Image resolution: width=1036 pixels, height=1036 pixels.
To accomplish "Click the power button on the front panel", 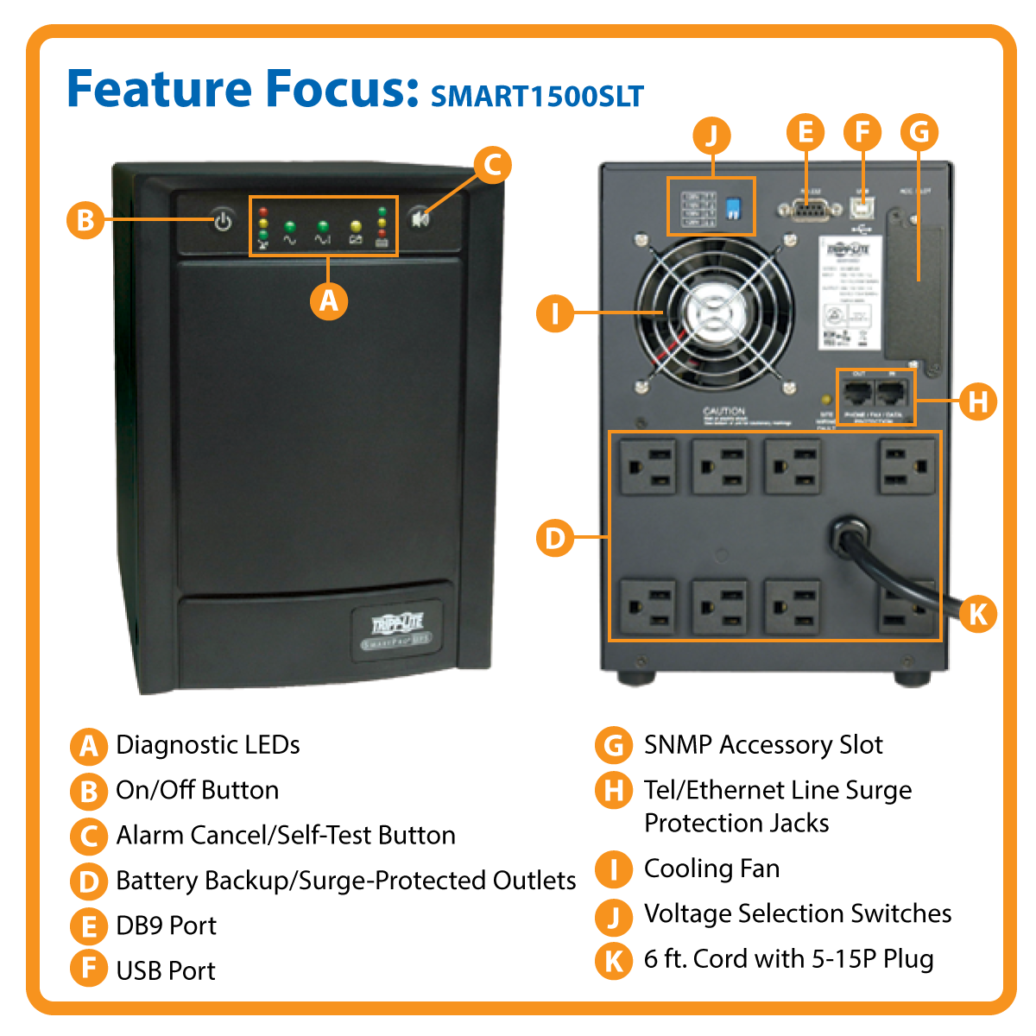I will coord(223,221).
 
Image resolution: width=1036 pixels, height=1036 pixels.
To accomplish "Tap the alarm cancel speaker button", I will coord(420,218).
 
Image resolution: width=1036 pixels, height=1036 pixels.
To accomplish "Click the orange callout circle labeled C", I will coord(492,164).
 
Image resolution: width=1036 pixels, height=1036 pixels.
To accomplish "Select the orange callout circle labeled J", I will coord(711,136).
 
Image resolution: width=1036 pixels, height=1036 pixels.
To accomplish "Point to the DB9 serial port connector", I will coord(805,209).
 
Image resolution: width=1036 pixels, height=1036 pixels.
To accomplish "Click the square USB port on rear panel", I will coord(862,208).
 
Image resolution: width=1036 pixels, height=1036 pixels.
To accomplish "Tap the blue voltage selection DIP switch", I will coord(733,208).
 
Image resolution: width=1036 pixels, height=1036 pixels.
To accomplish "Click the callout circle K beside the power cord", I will coord(977,614).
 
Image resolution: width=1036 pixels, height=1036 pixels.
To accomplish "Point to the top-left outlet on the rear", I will coord(647,466).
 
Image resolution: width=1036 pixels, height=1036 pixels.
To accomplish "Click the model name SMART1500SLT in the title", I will coord(537,96).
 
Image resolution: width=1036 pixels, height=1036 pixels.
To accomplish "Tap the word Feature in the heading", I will coord(159,88).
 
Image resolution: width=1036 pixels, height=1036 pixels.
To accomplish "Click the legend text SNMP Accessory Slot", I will coord(763,745).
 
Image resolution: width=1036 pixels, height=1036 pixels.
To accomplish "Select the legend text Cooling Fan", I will coord(711,869).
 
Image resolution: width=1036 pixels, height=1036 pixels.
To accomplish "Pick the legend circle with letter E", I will coord(88,926).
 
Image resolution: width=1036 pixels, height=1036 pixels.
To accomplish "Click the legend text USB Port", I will coord(166,970).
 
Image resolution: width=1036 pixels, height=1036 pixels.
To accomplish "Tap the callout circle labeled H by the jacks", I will coord(977,401).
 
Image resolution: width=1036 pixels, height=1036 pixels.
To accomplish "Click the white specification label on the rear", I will coord(850,294).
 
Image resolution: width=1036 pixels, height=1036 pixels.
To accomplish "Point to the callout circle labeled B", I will coord(85,220).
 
